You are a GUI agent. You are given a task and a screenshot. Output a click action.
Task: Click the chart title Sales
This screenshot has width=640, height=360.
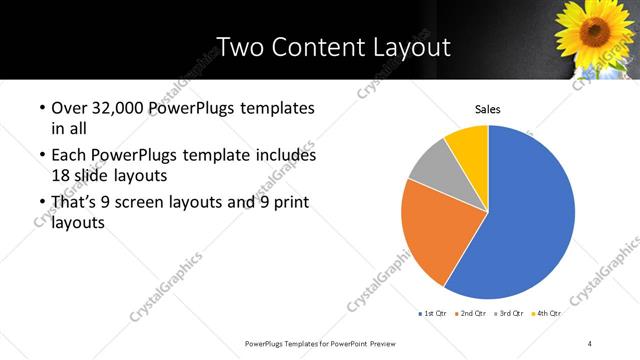tap(487, 110)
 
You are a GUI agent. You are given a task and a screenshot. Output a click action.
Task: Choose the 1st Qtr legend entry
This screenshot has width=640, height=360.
tap(434, 313)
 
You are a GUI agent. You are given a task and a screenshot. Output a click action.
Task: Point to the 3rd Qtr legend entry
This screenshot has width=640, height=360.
tap(510, 313)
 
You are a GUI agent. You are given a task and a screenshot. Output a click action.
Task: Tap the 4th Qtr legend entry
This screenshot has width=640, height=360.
tap(547, 313)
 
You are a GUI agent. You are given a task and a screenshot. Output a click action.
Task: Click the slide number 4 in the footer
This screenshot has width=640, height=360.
tap(590, 343)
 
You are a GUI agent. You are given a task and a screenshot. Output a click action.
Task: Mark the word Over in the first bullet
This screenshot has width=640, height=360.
tap(69, 108)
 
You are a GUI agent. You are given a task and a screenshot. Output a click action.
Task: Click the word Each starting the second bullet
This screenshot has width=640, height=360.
tap(69, 156)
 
